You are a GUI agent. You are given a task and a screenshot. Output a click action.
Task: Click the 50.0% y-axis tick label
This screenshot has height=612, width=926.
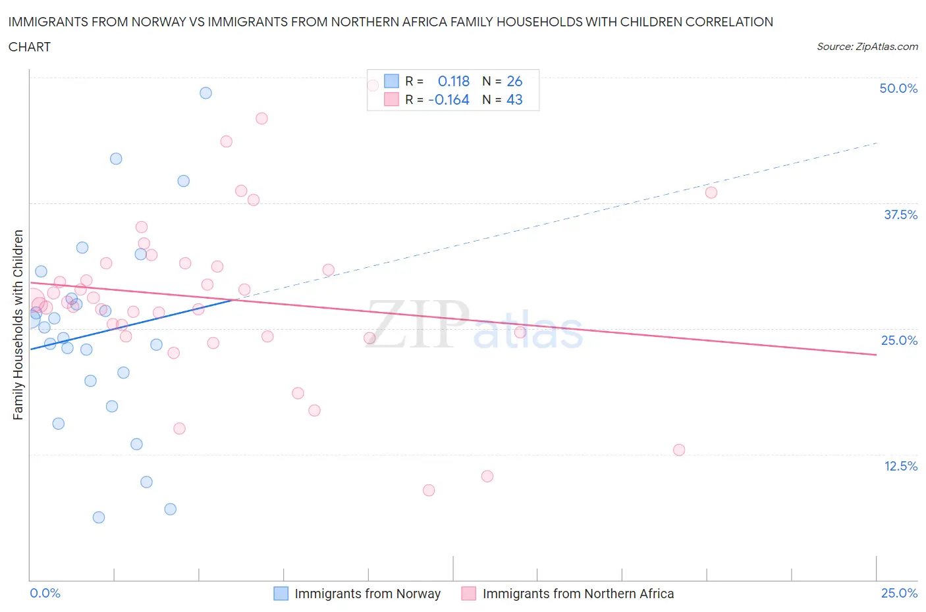click(x=898, y=88)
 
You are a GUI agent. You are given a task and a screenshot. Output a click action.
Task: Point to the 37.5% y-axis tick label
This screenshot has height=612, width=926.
click(x=900, y=215)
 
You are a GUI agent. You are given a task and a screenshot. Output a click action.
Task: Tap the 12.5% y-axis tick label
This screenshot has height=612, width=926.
click(x=900, y=466)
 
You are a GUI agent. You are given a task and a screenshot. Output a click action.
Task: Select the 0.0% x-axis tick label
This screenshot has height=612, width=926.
click(x=45, y=593)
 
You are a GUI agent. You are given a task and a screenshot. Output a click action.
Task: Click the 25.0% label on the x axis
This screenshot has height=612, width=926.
click(x=899, y=593)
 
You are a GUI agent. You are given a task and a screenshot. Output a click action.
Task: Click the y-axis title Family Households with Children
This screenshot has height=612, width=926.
click(x=18, y=324)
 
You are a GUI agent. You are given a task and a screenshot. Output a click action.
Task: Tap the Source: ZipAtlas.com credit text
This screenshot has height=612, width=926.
click(x=867, y=47)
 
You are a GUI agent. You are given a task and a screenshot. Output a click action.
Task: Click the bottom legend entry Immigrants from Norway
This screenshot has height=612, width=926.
click(x=367, y=594)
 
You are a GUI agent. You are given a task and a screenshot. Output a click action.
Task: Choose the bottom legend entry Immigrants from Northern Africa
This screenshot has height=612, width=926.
click(x=578, y=594)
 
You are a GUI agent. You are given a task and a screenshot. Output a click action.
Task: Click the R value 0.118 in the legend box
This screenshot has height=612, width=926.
click(x=453, y=81)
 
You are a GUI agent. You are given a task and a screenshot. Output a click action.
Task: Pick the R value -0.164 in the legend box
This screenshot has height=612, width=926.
click(x=449, y=99)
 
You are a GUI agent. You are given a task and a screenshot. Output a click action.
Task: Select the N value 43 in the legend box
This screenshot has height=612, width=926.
click(x=514, y=99)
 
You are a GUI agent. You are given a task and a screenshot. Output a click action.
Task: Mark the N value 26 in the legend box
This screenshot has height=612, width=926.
click(x=514, y=81)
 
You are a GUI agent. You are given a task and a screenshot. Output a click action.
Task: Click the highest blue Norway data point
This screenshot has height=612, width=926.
click(x=205, y=93)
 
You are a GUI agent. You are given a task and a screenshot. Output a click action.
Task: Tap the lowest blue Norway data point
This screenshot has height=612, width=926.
click(x=99, y=517)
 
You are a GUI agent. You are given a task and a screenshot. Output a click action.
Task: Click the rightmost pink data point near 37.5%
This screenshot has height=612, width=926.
click(x=711, y=193)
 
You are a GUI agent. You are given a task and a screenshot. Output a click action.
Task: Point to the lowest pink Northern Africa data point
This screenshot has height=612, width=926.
click(x=429, y=490)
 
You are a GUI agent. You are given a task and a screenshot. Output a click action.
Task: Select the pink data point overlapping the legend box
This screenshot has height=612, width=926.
click(x=373, y=86)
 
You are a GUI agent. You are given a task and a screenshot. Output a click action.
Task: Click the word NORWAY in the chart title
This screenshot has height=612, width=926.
click(x=160, y=22)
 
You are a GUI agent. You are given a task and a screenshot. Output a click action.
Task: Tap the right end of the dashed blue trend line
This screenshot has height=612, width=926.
click(x=876, y=143)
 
